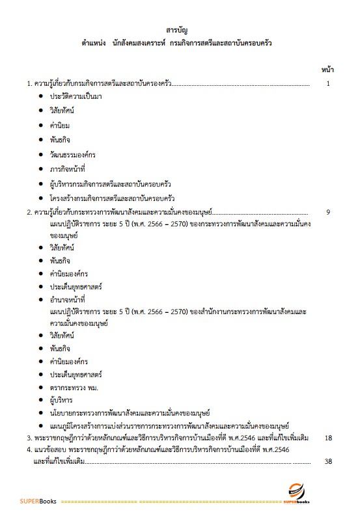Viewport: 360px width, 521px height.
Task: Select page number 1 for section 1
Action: (x=328, y=83)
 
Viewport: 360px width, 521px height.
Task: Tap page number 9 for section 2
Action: (x=328, y=211)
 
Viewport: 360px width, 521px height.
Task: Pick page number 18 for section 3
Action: (x=328, y=438)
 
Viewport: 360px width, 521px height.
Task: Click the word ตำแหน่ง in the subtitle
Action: (x=95, y=44)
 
